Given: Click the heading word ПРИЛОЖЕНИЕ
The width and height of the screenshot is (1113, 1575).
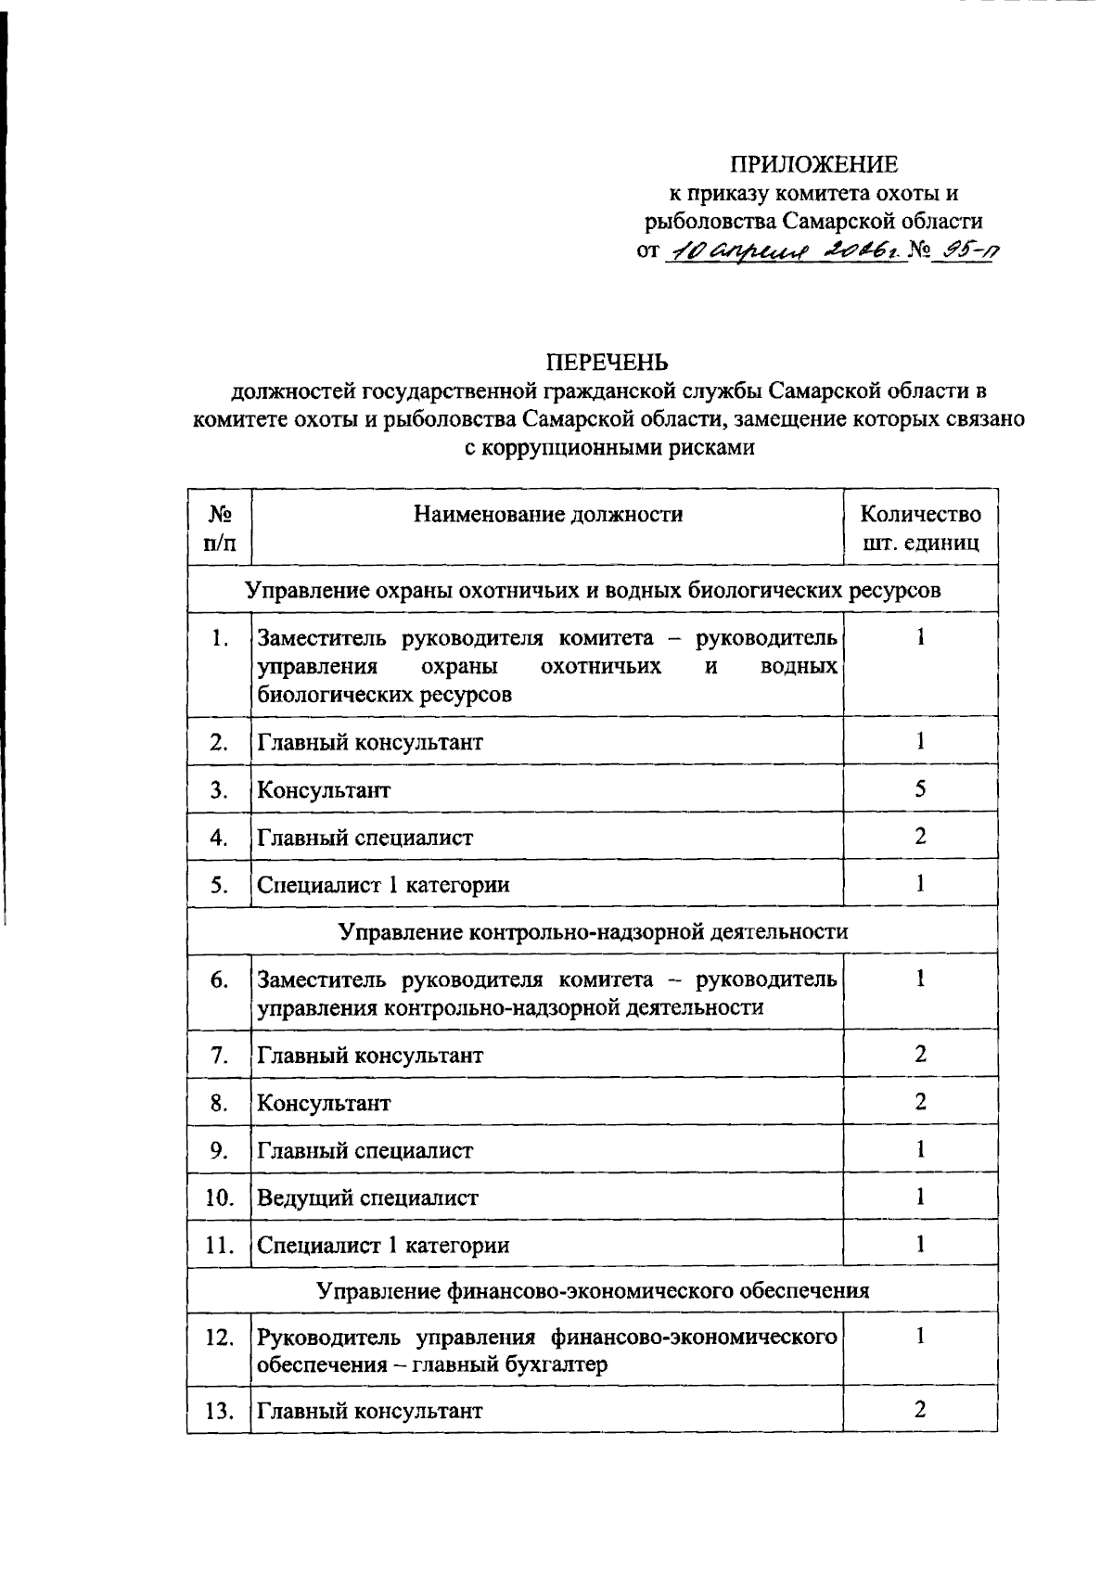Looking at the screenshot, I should [813, 165].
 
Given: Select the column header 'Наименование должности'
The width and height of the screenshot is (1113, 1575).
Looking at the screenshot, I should [547, 515].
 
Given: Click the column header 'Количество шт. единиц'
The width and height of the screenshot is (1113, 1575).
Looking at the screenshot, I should [920, 529].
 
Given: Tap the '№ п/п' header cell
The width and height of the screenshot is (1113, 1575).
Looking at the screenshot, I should [219, 529].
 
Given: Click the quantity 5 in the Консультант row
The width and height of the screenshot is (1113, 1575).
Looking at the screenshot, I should [920, 789].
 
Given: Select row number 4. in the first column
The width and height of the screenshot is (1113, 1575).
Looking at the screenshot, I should [219, 838].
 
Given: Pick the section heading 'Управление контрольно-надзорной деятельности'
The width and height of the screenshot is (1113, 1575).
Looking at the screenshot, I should [593, 932].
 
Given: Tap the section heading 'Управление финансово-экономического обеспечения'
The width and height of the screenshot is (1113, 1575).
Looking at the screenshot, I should [593, 1290].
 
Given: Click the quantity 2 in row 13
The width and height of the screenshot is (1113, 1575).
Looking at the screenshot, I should [920, 1410].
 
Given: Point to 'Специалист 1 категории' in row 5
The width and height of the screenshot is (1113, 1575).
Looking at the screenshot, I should [383, 885].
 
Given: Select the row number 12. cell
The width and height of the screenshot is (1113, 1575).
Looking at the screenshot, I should [219, 1338].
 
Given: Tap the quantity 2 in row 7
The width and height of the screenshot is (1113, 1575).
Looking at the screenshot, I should [920, 1055].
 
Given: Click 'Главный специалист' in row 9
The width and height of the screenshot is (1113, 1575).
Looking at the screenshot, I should [365, 1150].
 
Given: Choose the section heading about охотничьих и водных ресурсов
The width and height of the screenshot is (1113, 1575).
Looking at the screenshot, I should [593, 590].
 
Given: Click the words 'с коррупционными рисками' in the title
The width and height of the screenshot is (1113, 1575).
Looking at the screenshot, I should [609, 448].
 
